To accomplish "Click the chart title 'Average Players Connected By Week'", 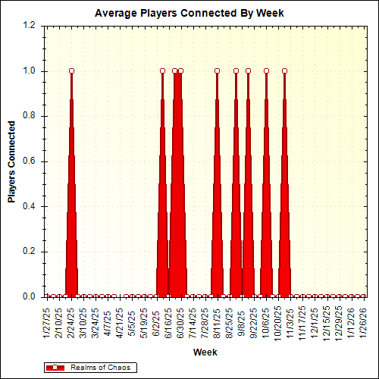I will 189,14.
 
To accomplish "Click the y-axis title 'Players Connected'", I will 11,161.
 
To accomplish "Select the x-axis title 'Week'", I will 205,352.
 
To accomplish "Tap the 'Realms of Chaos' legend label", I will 99,367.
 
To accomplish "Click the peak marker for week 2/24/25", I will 71,71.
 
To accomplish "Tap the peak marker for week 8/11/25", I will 217,71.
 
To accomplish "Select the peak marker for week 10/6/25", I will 266,71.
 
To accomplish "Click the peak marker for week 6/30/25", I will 180,71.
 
